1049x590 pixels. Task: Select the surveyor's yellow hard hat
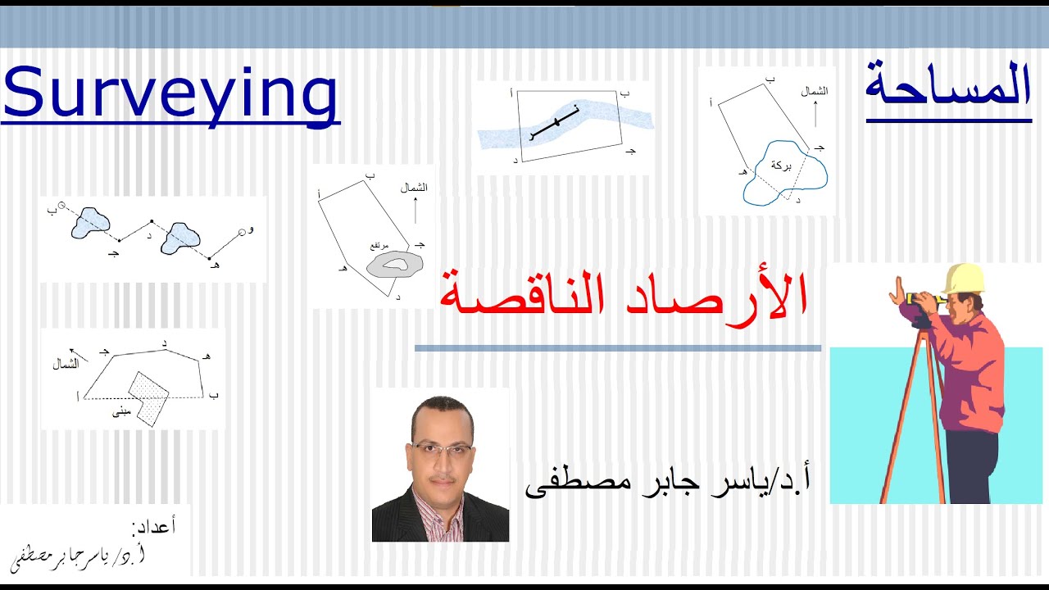(x=964, y=278)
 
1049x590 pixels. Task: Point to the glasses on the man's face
(x=442, y=448)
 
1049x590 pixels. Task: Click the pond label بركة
(x=782, y=166)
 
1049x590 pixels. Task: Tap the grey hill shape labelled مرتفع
(x=395, y=263)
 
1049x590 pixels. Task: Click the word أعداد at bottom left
(x=153, y=525)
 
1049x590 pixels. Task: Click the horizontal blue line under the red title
(x=617, y=348)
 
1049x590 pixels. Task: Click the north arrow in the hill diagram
(x=415, y=211)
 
